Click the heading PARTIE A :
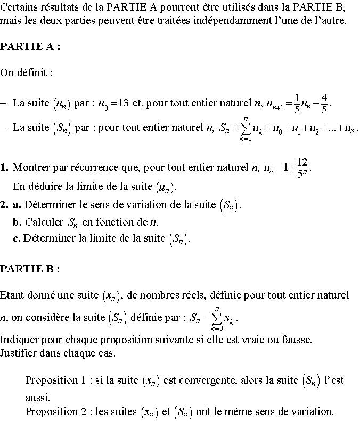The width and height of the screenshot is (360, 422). (30, 47)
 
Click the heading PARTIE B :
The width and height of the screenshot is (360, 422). (30, 269)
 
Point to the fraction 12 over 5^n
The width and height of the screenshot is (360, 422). (302, 168)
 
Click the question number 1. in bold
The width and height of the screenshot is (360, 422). (4, 168)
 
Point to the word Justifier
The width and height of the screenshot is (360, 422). (19, 353)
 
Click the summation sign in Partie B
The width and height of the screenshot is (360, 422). (216, 318)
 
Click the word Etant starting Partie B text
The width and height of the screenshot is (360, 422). (13, 294)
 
